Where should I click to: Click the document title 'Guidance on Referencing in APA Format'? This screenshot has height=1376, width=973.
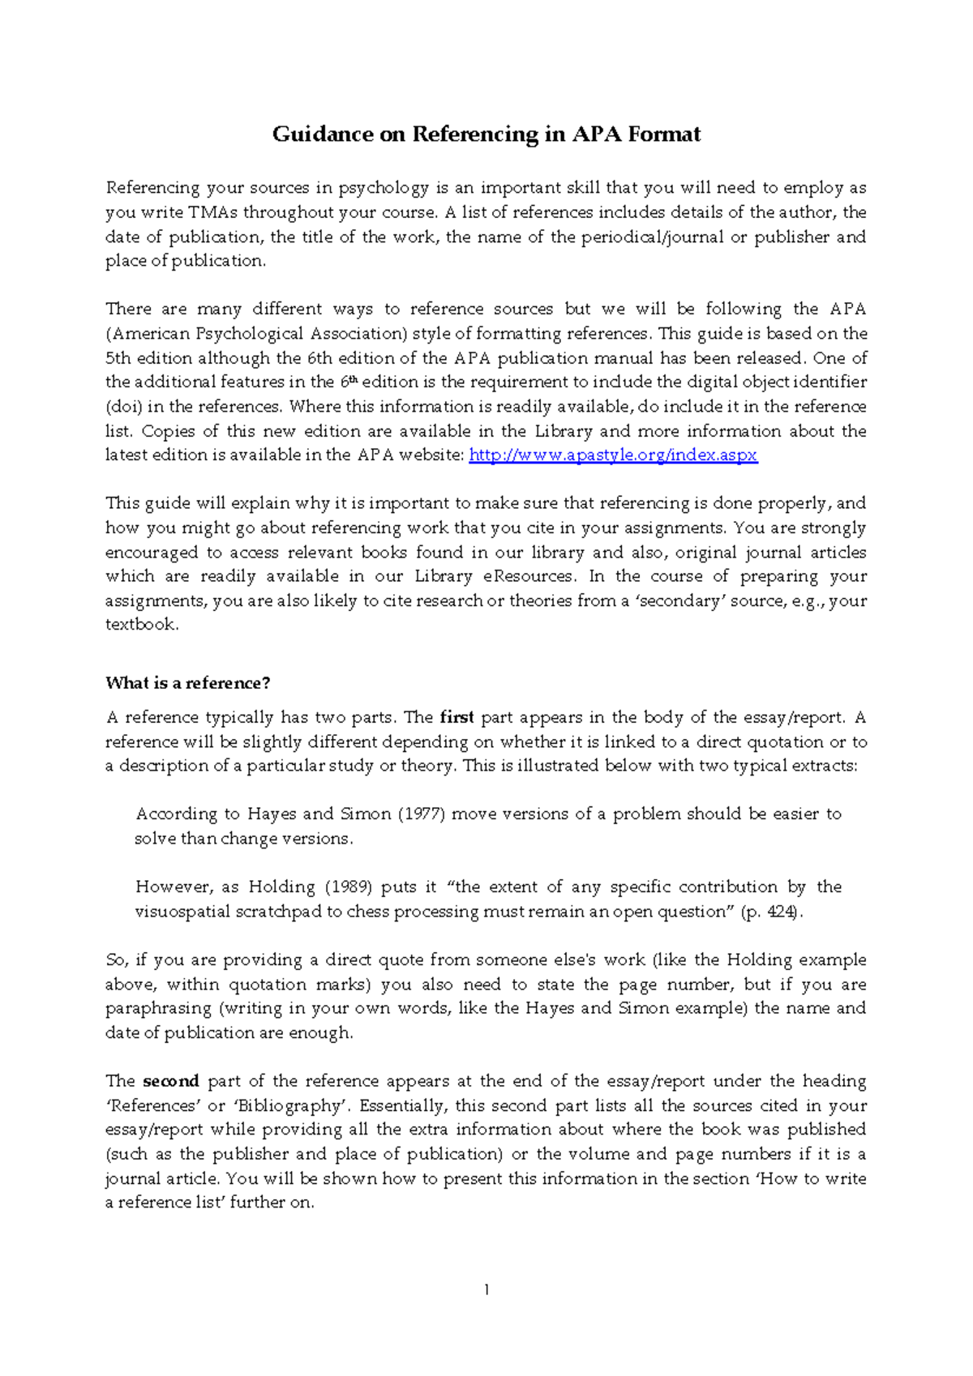[486, 134]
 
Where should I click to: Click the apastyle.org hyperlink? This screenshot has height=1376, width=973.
[613, 455]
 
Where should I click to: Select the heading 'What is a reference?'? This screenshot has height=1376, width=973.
[187, 683]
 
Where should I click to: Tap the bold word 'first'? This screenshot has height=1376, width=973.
[456, 717]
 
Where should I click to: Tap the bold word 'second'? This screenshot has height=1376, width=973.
[170, 1081]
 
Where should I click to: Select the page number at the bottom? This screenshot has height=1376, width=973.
[486, 1290]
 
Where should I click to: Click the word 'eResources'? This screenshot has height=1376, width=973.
[529, 576]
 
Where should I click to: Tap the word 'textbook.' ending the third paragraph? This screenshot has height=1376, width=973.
[141, 625]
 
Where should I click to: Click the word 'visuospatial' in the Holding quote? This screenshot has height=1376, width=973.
[182, 912]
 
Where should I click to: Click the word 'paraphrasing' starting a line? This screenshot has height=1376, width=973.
[158, 1008]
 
